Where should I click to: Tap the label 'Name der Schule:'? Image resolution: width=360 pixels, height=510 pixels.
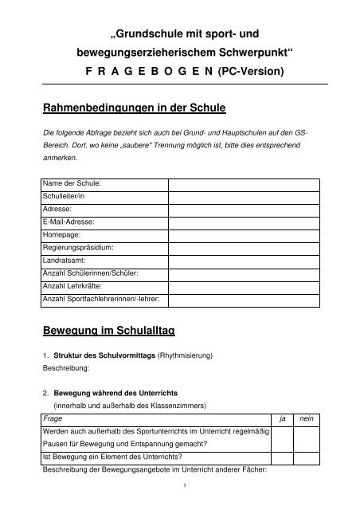[67, 183]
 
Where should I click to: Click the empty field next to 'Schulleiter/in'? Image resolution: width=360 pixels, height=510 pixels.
[243, 196]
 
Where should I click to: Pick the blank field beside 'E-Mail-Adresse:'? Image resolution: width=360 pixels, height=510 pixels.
[243, 222]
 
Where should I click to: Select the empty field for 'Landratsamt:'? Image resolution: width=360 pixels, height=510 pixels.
[243, 260]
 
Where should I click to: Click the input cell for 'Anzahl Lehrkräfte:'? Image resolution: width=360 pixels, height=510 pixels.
[243, 285]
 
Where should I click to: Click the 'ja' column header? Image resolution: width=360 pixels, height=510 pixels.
[280, 418]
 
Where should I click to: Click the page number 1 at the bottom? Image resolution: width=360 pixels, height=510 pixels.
[184, 486]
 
